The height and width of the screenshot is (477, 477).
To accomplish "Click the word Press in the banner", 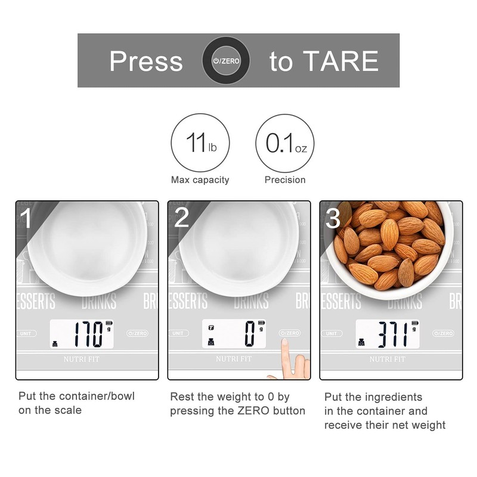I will tap(145, 61).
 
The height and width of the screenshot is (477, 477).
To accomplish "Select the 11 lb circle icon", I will tap(200, 143).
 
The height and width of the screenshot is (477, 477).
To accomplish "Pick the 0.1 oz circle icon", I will tap(284, 143).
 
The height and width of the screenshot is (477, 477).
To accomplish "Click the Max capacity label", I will tap(200, 179).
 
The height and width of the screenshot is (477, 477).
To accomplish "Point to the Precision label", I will tap(284, 179).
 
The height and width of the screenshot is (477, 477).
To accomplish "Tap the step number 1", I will tap(27, 218).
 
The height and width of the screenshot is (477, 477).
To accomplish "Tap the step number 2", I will tap(181, 218).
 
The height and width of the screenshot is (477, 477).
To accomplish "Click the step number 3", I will tap(333, 218).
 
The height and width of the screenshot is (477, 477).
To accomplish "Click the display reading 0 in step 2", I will tap(250, 334).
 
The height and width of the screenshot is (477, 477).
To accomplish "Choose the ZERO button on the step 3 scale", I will tap(442, 333).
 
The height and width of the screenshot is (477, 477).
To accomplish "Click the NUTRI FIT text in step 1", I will tap(83, 359).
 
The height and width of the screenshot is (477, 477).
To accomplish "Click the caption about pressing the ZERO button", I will tap(237, 404).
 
